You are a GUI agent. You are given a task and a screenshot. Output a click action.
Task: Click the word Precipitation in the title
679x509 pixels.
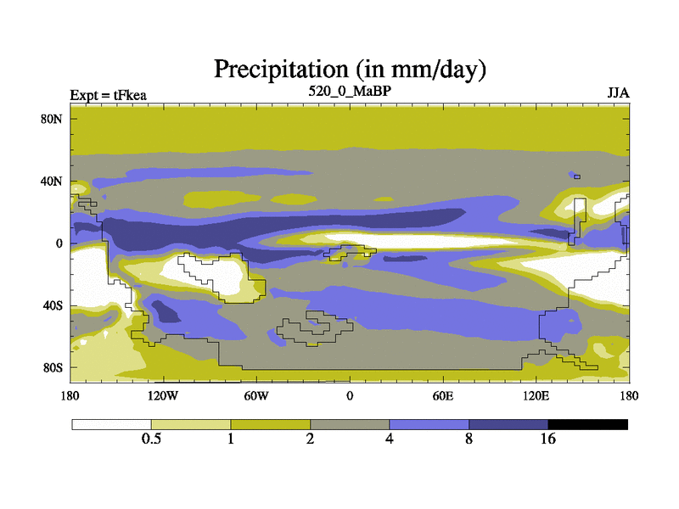[x=281, y=70]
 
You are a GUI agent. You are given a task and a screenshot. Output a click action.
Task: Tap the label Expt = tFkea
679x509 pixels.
[x=109, y=95]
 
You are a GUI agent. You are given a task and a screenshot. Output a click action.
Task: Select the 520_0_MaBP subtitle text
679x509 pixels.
[x=350, y=92]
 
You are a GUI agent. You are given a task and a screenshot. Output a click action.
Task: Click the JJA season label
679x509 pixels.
[x=619, y=93]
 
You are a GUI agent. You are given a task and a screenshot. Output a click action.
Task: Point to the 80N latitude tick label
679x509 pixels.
[x=52, y=119]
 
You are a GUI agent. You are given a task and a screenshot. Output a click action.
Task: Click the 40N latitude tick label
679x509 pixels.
[x=52, y=181]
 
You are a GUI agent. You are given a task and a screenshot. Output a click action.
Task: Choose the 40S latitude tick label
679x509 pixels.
[x=53, y=305]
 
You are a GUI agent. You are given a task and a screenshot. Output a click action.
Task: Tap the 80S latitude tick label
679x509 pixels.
[x=53, y=368]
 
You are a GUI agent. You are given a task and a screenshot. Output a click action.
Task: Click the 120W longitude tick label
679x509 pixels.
[x=163, y=395]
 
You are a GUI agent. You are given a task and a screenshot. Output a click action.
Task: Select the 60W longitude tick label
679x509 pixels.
[x=256, y=395]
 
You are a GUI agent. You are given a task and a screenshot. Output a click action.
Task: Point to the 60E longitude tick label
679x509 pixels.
[x=443, y=395]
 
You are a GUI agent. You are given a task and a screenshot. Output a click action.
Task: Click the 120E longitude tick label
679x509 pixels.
[x=536, y=395]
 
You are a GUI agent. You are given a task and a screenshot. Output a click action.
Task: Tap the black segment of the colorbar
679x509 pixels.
[x=588, y=425]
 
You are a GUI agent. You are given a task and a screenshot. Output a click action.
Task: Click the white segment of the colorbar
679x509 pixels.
[x=112, y=425]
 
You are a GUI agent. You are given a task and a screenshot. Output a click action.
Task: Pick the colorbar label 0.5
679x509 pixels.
[x=151, y=439]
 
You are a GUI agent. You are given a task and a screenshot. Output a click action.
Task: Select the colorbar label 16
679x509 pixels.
[x=547, y=439]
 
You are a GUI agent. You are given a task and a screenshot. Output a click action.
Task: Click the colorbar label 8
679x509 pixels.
[x=469, y=439]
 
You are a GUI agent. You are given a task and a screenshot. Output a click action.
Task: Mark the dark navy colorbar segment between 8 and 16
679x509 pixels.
[x=508, y=425]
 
